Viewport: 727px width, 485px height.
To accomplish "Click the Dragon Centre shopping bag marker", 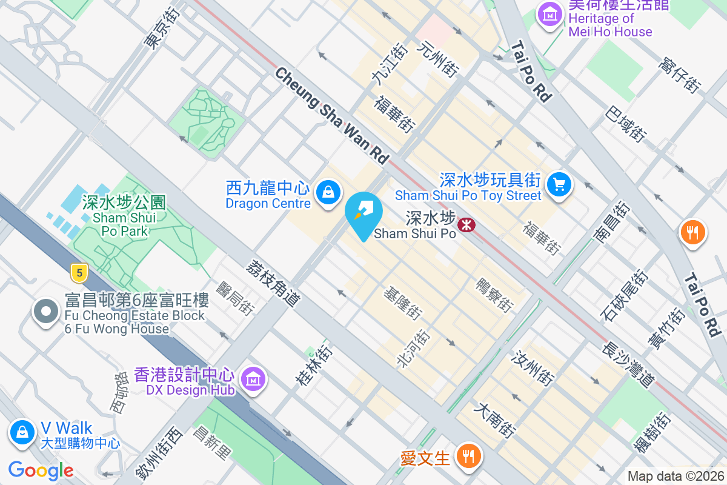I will [x=328, y=193].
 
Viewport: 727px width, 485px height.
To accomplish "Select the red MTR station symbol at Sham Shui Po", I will [x=466, y=225].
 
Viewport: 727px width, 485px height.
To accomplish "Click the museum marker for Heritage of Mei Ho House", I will [x=550, y=15].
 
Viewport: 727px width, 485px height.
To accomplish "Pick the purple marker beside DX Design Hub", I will [x=253, y=379].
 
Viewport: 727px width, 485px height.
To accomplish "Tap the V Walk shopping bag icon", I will [x=22, y=432].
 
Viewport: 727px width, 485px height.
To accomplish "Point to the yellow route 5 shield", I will [x=78, y=273].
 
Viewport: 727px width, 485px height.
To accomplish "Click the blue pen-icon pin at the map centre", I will [x=363, y=212].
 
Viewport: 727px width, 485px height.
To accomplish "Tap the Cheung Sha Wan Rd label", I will [x=331, y=116].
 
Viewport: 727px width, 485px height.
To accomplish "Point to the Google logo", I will [x=41, y=470].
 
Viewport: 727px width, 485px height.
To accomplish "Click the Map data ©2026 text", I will [x=676, y=477].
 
